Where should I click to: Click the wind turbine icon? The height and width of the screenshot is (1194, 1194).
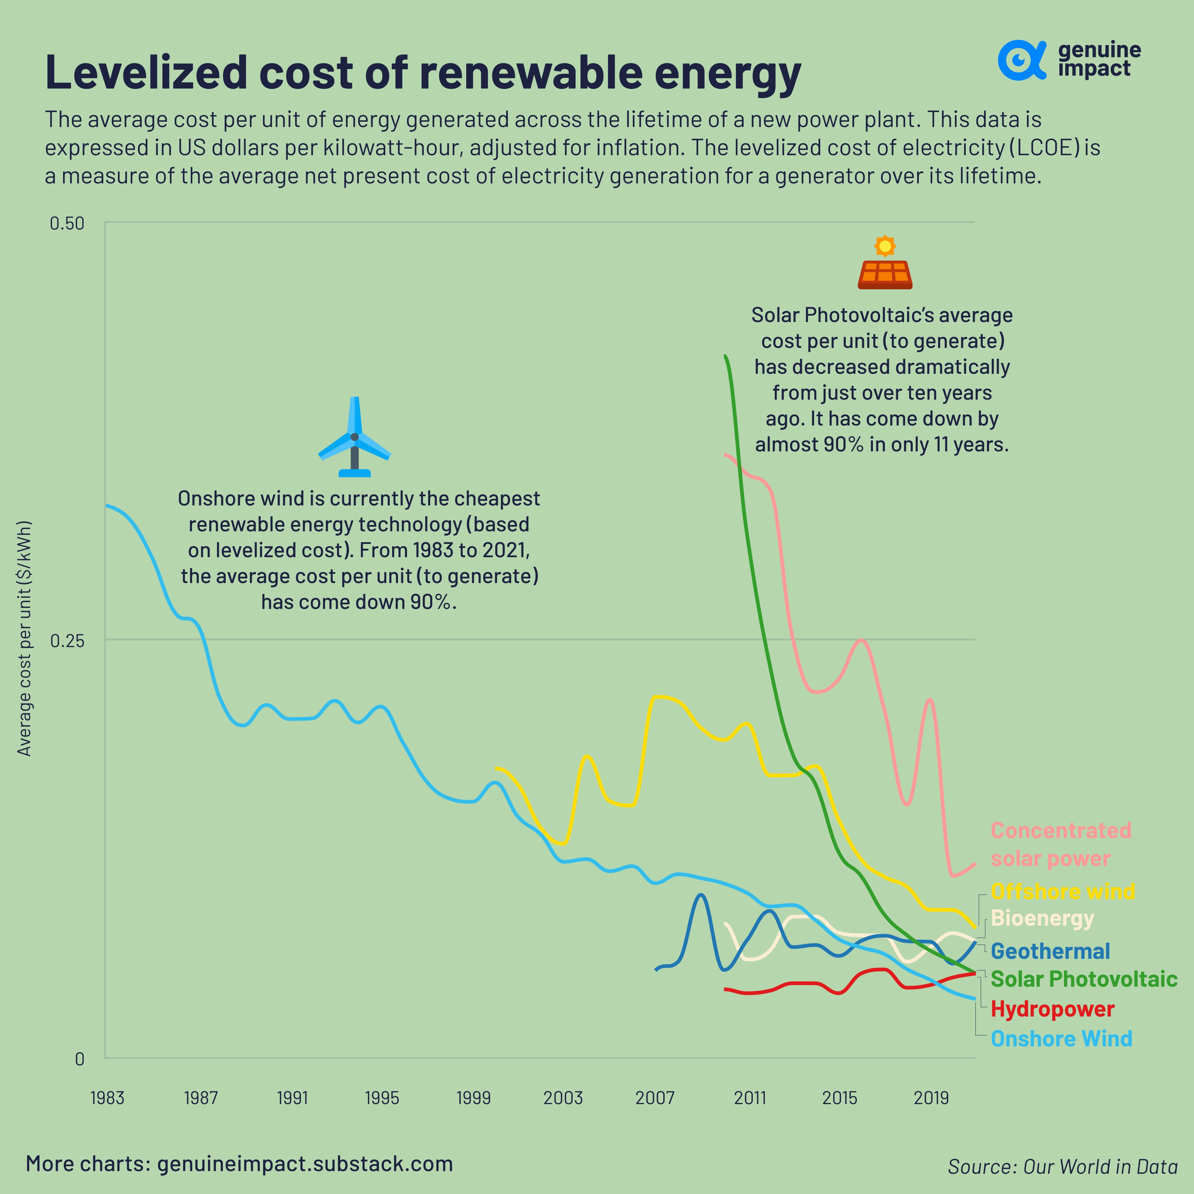pos(354,437)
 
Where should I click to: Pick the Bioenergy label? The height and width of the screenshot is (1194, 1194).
pos(1042,918)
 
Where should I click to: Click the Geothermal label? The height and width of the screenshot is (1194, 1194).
pos(1050,951)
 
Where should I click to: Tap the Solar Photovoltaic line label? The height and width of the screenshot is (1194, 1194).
pos(1083,979)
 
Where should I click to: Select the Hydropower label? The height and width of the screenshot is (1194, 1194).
pos(1052,1009)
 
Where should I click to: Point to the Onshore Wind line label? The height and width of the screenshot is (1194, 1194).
pos(1061,1039)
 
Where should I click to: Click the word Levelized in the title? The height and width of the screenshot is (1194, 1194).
pos(146,73)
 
